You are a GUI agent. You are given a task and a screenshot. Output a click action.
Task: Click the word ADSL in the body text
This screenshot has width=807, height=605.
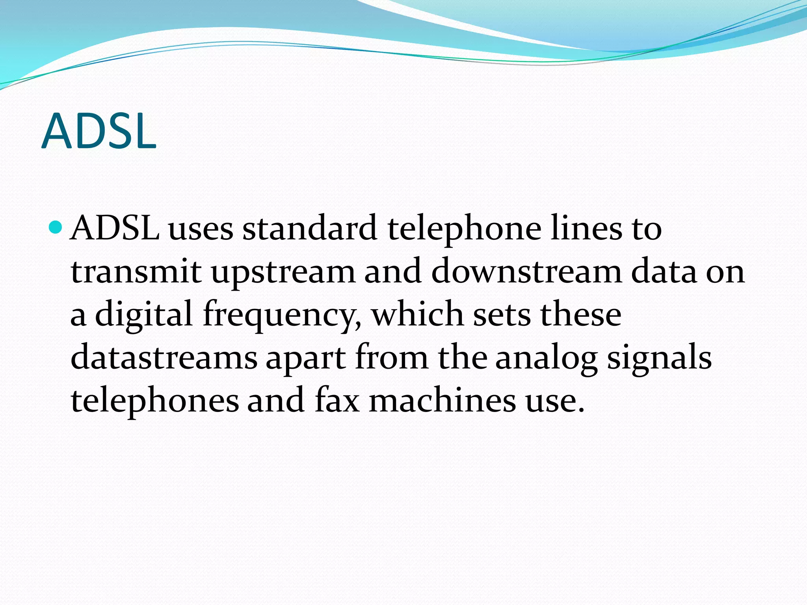click(115, 228)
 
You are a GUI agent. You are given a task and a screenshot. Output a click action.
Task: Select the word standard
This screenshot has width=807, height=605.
click(310, 228)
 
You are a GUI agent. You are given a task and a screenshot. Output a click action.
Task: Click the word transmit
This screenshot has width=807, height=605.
click(136, 272)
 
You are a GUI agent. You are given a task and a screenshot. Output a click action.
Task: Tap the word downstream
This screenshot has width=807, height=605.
click(526, 272)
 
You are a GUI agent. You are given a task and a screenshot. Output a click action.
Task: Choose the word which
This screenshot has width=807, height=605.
click(418, 314)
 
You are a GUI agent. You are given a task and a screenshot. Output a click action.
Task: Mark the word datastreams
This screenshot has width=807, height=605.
click(164, 358)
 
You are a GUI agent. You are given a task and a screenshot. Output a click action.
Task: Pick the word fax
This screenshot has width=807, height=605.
click(337, 401)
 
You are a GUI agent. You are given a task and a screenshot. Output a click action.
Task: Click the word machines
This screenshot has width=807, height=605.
click(442, 401)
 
